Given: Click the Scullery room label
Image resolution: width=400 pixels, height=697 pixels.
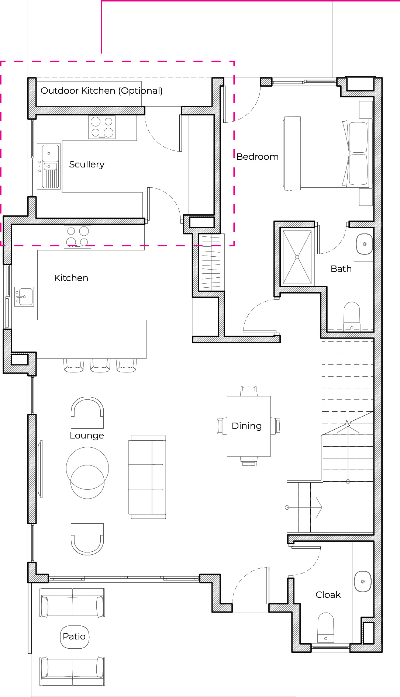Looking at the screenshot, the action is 87,164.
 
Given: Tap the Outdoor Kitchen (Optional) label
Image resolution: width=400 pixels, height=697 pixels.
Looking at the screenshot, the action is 101,91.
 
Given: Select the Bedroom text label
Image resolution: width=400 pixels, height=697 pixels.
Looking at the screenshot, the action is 258,157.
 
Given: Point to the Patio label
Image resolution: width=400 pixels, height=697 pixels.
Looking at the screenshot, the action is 74,637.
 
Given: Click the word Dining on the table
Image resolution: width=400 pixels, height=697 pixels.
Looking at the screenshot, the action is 247,426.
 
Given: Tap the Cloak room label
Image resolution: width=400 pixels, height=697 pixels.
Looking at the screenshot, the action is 328,595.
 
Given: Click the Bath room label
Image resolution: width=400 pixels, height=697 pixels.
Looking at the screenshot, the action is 341,269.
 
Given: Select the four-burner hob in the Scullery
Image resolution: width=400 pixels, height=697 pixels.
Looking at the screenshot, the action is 102,127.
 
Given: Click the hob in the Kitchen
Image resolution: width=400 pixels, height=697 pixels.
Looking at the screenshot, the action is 77,236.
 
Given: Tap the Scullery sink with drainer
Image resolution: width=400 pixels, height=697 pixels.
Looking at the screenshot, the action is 49,166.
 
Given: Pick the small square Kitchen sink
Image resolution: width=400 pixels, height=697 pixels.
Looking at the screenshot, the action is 24,297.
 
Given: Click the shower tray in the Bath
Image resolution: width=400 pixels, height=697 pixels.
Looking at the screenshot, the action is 297,257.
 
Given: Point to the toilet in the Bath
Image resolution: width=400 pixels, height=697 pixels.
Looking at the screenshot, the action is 352,316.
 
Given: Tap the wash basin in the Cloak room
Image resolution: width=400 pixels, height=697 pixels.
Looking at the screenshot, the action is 363,582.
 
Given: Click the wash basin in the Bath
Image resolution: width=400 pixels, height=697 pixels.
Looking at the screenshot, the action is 364,244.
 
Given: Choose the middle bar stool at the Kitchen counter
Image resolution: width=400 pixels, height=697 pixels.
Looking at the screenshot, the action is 100,365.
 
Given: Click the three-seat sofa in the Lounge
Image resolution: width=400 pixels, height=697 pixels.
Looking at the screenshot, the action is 148,477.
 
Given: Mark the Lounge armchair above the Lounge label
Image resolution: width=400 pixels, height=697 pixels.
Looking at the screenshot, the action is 87,413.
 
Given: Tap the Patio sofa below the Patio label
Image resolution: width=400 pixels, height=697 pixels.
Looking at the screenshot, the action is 72,671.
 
